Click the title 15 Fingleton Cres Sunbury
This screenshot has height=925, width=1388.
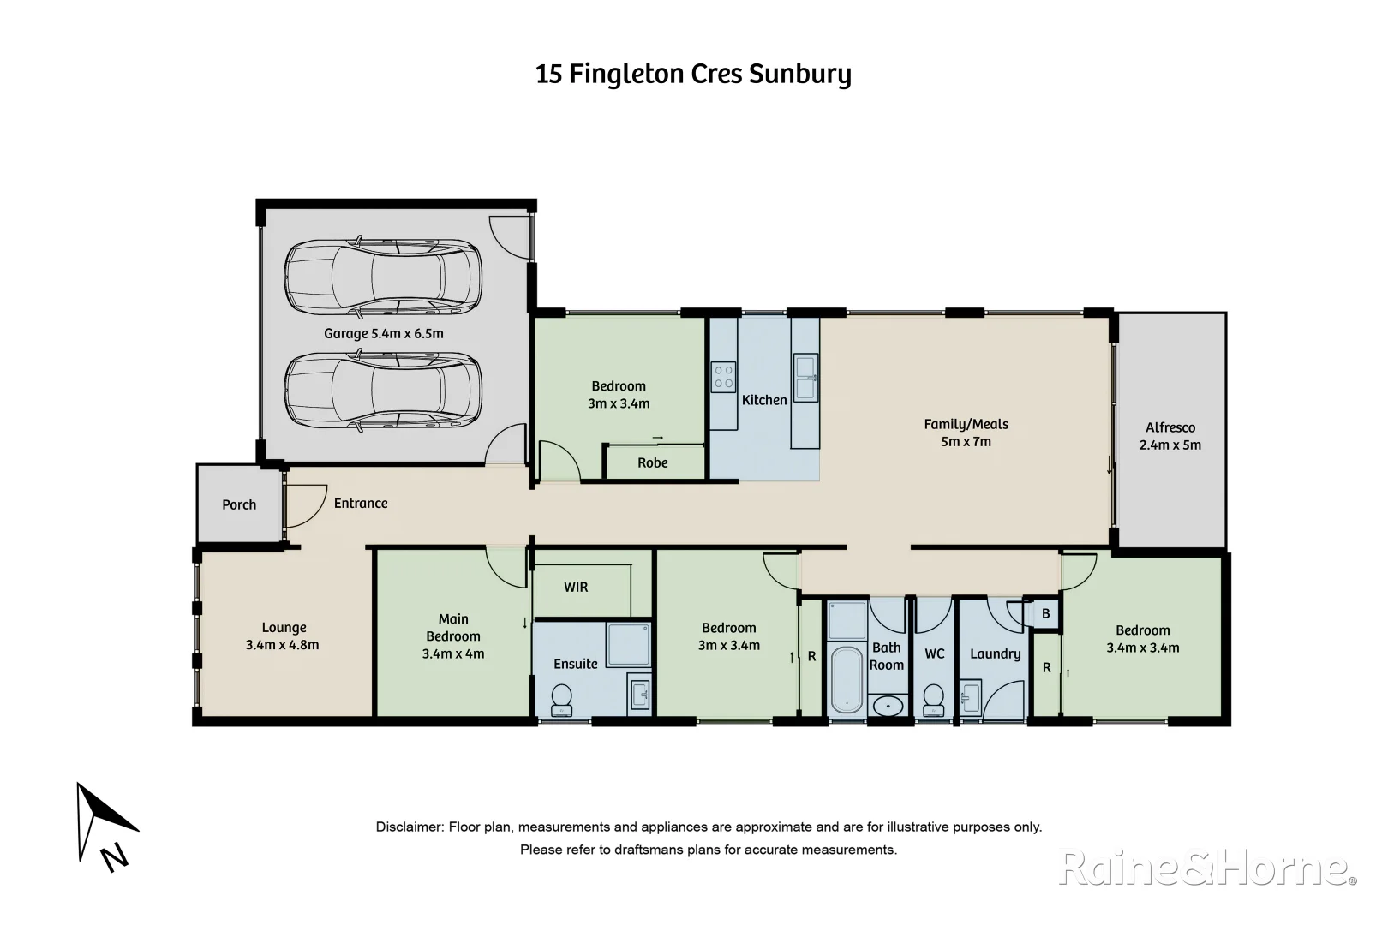[x=693, y=75]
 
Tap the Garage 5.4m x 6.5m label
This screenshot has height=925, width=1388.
[x=383, y=333]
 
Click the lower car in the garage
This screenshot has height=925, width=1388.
[x=383, y=391]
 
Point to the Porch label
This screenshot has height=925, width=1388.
[x=239, y=504]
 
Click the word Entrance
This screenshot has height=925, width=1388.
[x=361, y=504]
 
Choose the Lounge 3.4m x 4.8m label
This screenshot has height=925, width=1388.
[x=283, y=636]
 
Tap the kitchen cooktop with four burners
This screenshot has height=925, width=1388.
[x=724, y=377]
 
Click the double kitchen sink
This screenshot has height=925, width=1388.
[x=805, y=378]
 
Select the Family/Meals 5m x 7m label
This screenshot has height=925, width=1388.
[x=966, y=433]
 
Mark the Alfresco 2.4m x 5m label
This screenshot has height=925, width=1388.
[x=1170, y=436]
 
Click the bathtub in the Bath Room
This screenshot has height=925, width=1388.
[x=847, y=679]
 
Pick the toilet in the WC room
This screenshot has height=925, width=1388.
[x=934, y=698]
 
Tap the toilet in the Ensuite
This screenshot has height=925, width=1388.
[x=561, y=699]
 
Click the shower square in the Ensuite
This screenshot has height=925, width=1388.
[x=628, y=644]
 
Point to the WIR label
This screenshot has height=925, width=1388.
[x=576, y=587]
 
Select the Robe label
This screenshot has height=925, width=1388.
[x=652, y=462]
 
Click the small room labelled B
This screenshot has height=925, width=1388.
[x=1045, y=613]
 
